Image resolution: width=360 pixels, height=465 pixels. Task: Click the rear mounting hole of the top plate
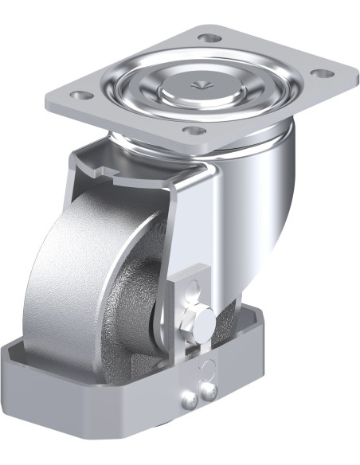coord(209,37)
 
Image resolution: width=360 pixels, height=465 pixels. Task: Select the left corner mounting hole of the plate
coord(78,95)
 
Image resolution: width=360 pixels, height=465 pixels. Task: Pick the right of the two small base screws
coord(208,389)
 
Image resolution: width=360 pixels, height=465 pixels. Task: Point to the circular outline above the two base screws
coord(206,367)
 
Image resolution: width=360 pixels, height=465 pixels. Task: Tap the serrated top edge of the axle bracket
coord(192,269)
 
